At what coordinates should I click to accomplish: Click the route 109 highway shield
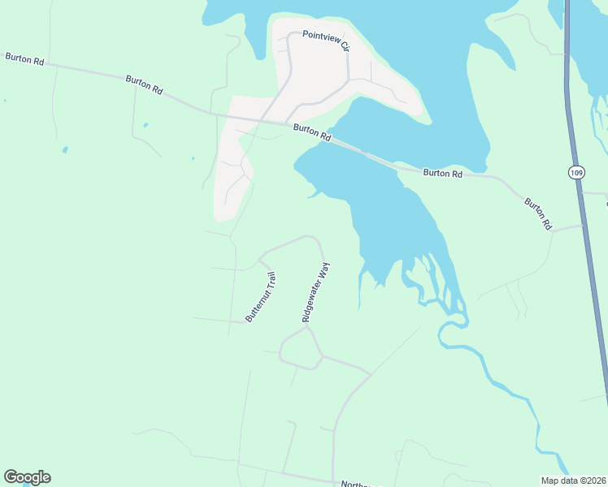575,172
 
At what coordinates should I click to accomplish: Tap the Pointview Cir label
326,41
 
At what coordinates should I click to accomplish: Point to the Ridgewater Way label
316,292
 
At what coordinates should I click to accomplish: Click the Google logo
27,477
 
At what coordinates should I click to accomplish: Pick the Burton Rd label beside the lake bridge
312,133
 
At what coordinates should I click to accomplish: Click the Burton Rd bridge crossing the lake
366,153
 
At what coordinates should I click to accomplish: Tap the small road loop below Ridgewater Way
299,350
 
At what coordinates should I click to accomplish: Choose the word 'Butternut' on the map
257,306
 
